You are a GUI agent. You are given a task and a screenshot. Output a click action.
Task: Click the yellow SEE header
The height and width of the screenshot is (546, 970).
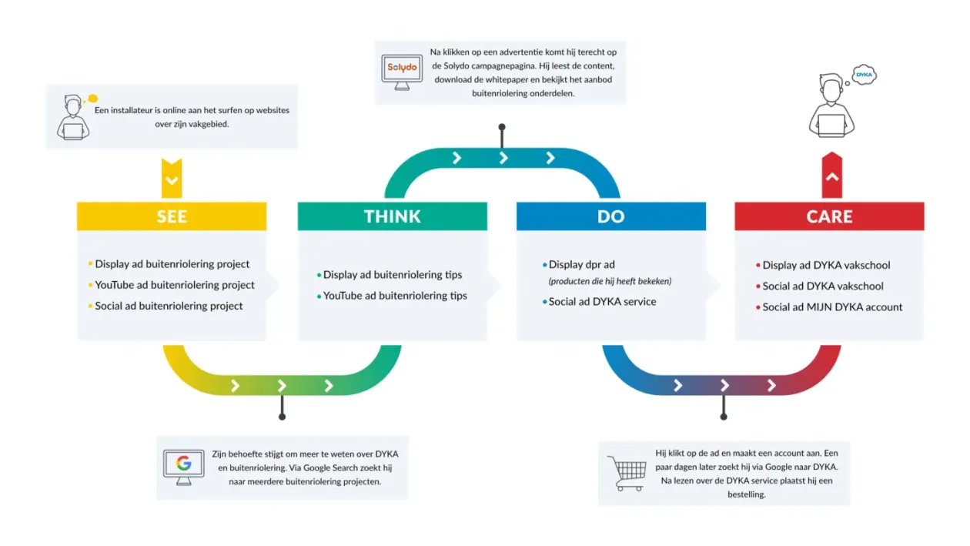point(172,216)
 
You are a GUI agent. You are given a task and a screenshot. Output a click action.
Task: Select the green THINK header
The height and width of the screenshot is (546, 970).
point(392,216)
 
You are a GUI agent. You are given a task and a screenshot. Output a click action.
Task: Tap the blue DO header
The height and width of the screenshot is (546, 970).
point(610,216)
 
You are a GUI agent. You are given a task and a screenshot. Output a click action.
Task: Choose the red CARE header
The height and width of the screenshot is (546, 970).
point(829,216)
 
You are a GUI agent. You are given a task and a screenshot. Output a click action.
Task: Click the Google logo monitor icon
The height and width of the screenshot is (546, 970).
point(184,466)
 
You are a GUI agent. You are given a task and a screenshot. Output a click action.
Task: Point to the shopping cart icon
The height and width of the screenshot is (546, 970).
point(626,473)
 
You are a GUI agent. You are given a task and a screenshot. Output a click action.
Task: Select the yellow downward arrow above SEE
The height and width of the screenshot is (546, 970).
point(172,179)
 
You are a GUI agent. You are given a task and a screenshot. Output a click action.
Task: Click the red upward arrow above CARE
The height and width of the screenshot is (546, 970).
point(831,176)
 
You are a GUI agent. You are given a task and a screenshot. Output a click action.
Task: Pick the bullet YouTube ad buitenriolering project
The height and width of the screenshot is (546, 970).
point(175,285)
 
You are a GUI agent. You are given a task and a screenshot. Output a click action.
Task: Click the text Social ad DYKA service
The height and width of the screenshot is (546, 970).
point(602,302)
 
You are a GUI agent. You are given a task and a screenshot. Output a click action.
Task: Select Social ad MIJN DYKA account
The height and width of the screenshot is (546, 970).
point(832,306)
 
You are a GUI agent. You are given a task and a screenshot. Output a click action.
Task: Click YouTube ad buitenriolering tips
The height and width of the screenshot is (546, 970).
point(395,296)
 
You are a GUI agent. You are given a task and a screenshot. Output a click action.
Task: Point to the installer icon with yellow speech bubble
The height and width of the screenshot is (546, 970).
point(75,118)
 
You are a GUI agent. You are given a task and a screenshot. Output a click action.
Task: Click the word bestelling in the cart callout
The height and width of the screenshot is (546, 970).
point(747,494)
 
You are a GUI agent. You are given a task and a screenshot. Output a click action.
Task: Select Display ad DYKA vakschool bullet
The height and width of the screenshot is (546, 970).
point(826,265)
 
